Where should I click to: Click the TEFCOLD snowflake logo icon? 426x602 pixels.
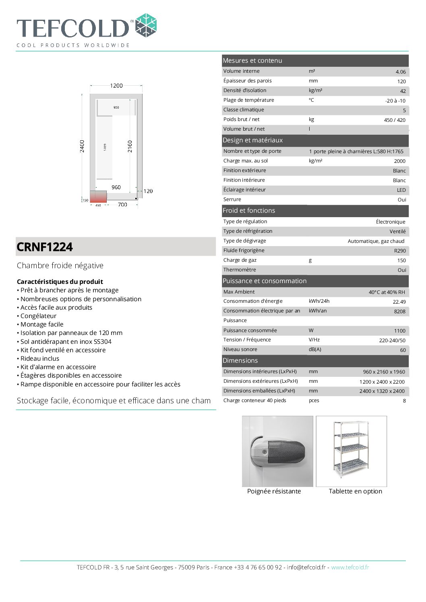145,25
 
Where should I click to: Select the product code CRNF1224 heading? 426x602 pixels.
45,247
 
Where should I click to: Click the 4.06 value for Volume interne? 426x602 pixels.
400,72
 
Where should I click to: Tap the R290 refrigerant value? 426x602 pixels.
399,251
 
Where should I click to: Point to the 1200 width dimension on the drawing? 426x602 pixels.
116,86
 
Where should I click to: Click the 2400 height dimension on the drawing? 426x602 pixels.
82,146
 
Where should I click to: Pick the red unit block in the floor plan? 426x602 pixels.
98,197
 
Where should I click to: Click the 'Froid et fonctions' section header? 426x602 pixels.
249,211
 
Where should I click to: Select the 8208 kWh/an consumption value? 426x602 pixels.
399,312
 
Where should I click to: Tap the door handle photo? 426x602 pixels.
277,451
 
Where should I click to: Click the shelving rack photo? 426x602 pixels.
351,451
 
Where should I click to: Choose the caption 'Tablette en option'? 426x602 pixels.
355,491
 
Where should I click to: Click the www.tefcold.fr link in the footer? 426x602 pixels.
350,567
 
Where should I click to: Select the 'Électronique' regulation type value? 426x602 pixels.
390,222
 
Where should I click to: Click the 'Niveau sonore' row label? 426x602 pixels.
240,350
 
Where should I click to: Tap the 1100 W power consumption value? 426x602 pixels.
399,331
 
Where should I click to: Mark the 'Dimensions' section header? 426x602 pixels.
240,361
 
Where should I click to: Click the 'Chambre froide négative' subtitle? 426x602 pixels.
60,266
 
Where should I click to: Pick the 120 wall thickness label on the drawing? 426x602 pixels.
148,191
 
